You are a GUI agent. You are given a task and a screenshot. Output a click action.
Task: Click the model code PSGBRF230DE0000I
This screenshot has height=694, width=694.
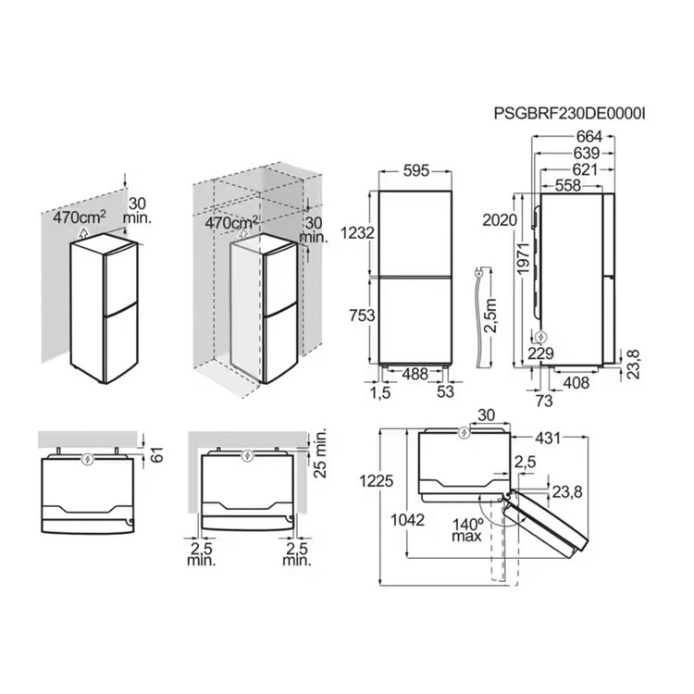[x=569, y=114]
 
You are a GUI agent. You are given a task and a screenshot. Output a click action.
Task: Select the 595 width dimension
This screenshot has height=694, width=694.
[x=416, y=170]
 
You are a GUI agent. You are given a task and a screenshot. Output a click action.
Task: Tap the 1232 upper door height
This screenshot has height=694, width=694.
[x=357, y=232]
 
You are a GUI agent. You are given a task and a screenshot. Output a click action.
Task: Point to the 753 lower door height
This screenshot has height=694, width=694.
[x=362, y=316]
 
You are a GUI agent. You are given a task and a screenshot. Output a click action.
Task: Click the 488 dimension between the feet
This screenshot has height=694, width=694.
[x=415, y=375]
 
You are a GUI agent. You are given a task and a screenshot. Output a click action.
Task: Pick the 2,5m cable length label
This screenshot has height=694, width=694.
[x=490, y=316]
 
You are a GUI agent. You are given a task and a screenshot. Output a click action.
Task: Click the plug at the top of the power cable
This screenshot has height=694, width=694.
[x=478, y=273]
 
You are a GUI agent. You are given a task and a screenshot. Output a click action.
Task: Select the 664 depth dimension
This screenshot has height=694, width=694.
[x=589, y=137]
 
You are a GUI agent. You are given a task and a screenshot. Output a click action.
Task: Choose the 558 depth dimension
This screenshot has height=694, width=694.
[x=568, y=185]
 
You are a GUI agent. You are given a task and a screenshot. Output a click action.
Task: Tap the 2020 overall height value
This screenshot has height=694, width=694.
[x=500, y=220]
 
